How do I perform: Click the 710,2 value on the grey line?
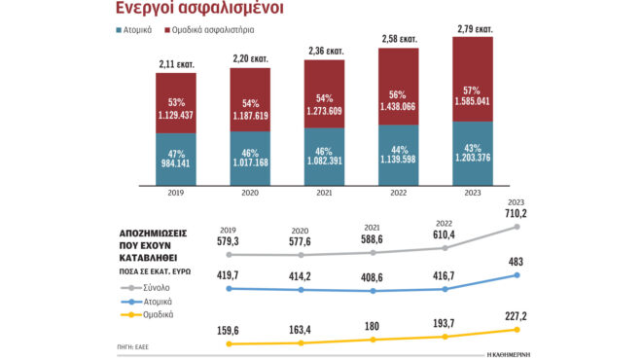pos(516,211)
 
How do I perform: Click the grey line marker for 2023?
pos(517,227)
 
